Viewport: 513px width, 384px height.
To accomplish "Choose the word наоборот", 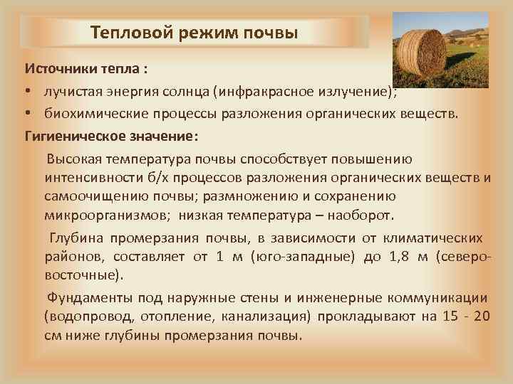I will [x=372, y=215].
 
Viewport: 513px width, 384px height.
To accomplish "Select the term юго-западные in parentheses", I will [x=303, y=256].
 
